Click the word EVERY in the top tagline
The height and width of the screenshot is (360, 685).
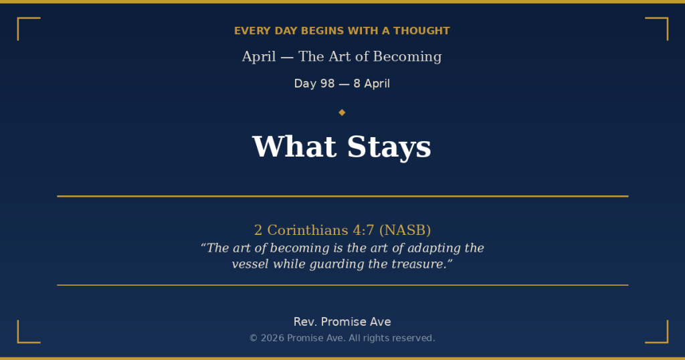pos(249,31)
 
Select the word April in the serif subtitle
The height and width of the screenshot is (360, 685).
pos(259,57)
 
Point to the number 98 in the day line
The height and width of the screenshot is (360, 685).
pos(327,84)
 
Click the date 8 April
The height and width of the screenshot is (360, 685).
pos(372,84)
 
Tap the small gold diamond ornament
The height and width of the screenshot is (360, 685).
pos(342,112)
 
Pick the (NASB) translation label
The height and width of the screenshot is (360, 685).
pos(405,230)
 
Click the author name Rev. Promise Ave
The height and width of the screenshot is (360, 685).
pos(342,322)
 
